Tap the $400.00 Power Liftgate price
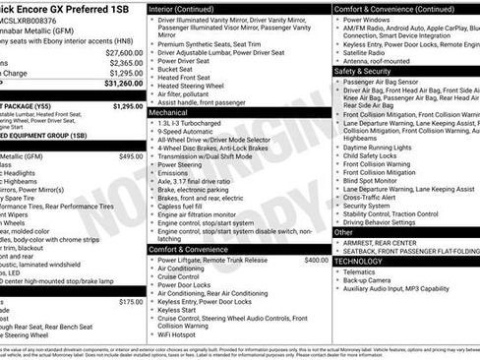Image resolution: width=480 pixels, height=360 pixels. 316,260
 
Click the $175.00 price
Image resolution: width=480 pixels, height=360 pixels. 130,302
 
